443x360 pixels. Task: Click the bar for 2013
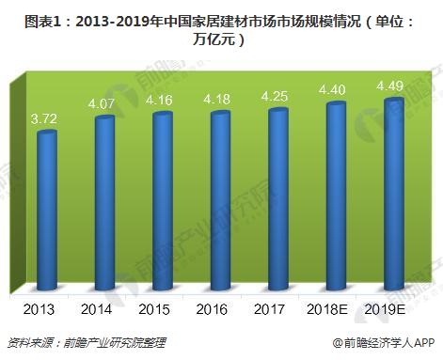point(47,211)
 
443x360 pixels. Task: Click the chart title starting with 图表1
point(221,26)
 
